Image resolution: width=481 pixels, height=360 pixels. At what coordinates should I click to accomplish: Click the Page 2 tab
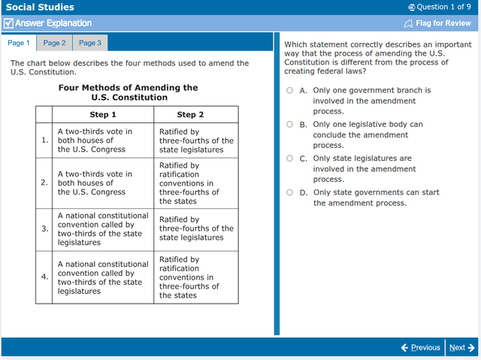[x=54, y=44]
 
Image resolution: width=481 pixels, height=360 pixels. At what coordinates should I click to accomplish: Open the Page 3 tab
[x=89, y=44]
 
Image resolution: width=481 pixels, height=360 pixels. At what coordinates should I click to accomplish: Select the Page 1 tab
[x=19, y=44]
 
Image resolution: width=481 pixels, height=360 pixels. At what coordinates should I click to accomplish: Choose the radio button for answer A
[x=290, y=90]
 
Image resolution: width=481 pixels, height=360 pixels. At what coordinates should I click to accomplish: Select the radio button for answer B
[x=290, y=125]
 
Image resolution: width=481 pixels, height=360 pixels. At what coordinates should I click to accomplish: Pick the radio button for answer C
[x=290, y=159]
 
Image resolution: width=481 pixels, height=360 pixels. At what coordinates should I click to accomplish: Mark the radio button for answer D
[x=290, y=192]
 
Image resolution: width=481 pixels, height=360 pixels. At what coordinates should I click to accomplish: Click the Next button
[x=461, y=347]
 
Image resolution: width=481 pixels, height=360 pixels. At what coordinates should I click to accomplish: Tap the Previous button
[x=420, y=347]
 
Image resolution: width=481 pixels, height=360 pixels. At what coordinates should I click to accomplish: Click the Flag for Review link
[x=437, y=23]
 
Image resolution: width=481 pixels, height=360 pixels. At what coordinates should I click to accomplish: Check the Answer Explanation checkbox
[x=8, y=23]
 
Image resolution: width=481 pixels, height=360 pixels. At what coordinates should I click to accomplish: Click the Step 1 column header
[x=103, y=115]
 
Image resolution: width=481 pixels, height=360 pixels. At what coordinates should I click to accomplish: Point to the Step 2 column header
[x=190, y=115]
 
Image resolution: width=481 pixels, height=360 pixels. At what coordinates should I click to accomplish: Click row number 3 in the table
[x=44, y=228]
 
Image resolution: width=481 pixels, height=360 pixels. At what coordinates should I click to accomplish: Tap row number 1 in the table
[x=44, y=140]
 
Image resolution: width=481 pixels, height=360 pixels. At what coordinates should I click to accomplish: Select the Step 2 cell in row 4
[x=195, y=277]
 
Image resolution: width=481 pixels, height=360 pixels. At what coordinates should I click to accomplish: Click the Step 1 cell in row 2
[x=103, y=183]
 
